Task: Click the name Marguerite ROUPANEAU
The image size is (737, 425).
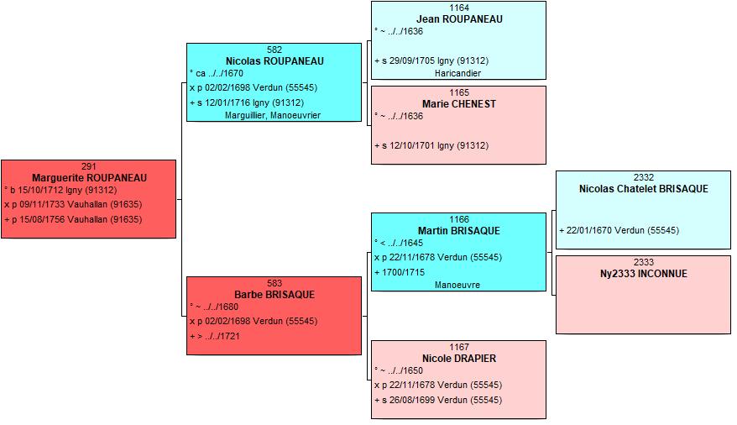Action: pyautogui.click(x=89, y=178)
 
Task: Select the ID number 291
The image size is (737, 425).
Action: pyautogui.click(x=89, y=166)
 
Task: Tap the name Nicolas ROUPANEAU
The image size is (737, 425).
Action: pyautogui.click(x=274, y=61)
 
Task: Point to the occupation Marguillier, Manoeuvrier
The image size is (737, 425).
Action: pyautogui.click(x=273, y=115)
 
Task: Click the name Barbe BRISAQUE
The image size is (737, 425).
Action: pyautogui.click(x=274, y=295)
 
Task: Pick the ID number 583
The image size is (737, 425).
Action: pyautogui.click(x=274, y=283)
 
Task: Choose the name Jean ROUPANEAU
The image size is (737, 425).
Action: pyautogui.click(x=459, y=19)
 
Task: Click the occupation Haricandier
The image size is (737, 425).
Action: pyautogui.click(x=457, y=73)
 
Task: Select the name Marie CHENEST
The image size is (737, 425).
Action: pyautogui.click(x=459, y=104)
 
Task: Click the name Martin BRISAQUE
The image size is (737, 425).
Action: pyautogui.click(x=459, y=231)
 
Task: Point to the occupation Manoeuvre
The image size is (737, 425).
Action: pyautogui.click(x=457, y=285)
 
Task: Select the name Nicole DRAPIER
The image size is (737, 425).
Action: pyautogui.click(x=459, y=359)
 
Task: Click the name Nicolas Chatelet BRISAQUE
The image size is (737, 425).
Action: pyautogui.click(x=644, y=189)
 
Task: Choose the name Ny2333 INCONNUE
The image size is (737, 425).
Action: pyautogui.click(x=644, y=274)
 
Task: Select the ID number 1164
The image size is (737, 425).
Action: pyautogui.click(x=459, y=8)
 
